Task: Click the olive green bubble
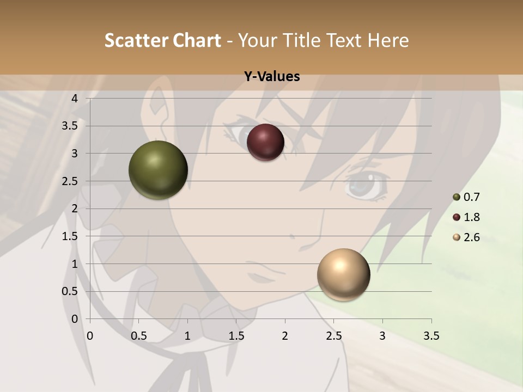[159, 170]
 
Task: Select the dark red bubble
[265, 143]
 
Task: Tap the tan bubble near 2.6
[344, 274]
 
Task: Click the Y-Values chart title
[272, 77]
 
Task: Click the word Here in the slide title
[388, 40]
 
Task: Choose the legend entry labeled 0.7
[466, 197]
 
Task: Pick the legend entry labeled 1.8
[466, 217]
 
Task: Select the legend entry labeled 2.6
[466, 237]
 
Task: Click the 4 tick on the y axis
[75, 99]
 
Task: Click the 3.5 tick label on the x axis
[431, 336]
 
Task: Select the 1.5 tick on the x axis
[236, 336]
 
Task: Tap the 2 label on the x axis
[285, 336]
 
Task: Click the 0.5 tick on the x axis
[139, 336]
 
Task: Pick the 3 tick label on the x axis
[382, 336]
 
